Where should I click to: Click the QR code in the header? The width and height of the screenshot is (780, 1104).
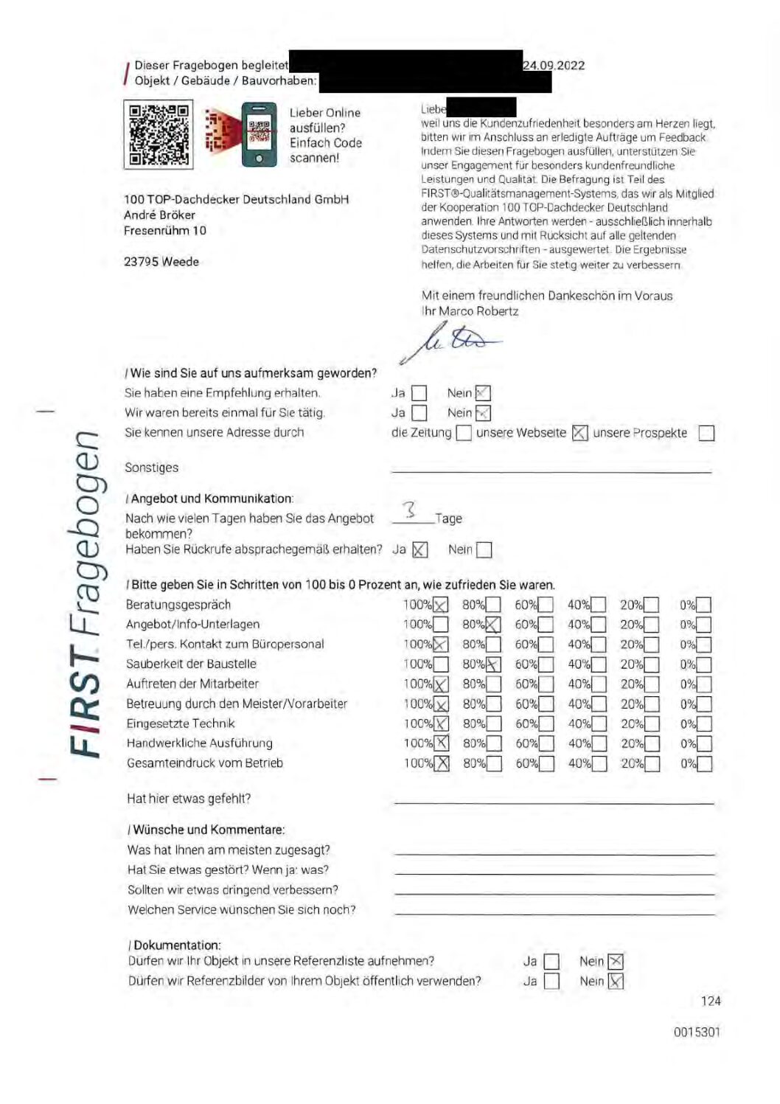(159, 134)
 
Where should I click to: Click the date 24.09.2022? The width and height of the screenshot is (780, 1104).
(554, 65)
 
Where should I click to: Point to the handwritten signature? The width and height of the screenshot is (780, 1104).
(451, 340)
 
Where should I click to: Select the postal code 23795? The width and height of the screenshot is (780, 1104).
(142, 262)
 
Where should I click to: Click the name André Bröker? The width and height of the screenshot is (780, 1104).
(159, 215)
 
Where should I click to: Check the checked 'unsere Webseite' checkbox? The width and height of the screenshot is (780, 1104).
(580, 433)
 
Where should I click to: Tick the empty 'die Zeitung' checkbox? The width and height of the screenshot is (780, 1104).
(464, 433)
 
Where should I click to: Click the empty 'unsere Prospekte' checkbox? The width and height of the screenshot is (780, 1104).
(706, 433)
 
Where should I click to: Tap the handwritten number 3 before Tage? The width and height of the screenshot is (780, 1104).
(410, 509)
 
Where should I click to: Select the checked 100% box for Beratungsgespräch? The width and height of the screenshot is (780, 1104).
(440, 605)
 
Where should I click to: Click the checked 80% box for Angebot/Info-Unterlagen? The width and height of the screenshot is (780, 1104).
(492, 625)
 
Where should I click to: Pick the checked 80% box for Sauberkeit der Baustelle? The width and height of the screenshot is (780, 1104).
(493, 664)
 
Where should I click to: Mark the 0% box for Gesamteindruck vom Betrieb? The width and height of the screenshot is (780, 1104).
(705, 764)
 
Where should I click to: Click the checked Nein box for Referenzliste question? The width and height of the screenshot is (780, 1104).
(616, 962)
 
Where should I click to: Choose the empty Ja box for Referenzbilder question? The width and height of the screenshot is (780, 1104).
(551, 982)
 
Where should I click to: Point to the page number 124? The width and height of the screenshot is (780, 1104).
(711, 1001)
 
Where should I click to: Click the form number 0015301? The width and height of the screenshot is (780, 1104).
(697, 1032)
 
